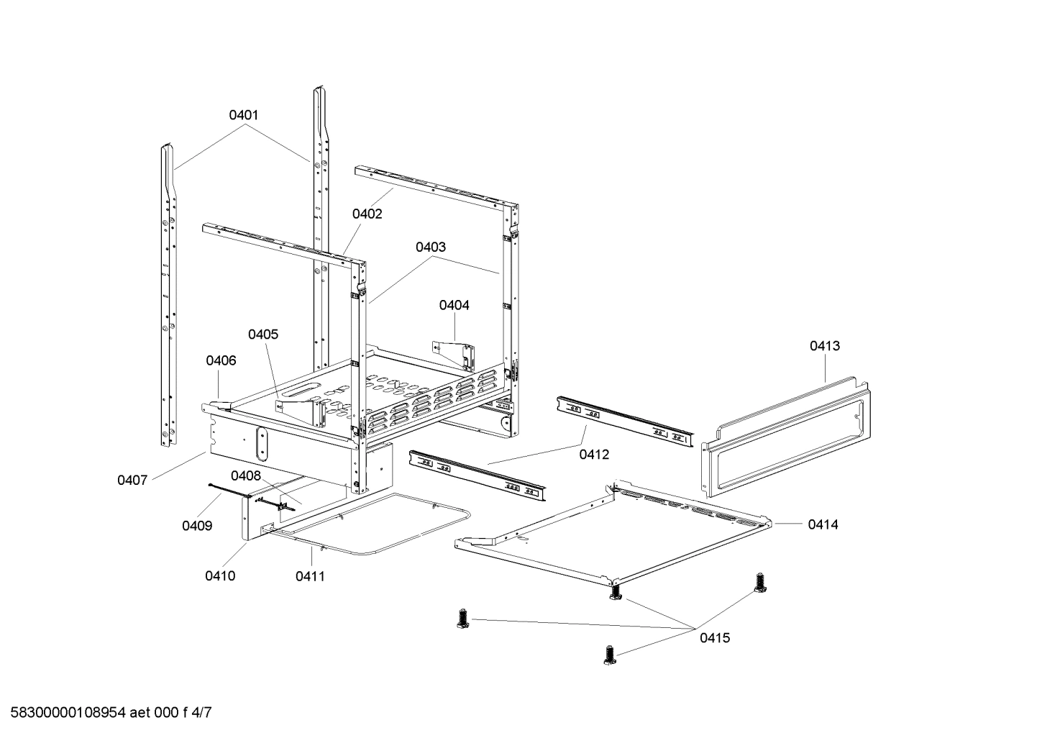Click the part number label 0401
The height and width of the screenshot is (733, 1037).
point(244,115)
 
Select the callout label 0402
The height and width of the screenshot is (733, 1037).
point(367,214)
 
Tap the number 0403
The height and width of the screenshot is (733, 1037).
point(430,247)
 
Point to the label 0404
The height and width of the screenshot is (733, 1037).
point(454,305)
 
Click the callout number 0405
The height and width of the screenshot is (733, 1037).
point(263,334)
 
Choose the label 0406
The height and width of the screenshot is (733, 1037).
point(221,360)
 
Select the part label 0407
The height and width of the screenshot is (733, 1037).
point(132,480)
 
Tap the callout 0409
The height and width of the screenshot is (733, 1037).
point(197,526)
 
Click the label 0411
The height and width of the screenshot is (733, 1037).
point(310,575)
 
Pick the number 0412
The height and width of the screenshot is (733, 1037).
point(594,454)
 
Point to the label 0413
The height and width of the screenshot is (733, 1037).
point(824,346)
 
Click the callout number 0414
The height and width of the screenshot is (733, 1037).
point(823,524)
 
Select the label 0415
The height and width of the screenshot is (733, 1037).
point(715,637)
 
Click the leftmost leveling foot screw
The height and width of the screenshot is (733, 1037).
point(462,618)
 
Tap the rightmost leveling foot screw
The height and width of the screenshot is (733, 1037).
point(759,583)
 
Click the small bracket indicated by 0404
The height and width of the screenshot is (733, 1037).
point(456,355)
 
